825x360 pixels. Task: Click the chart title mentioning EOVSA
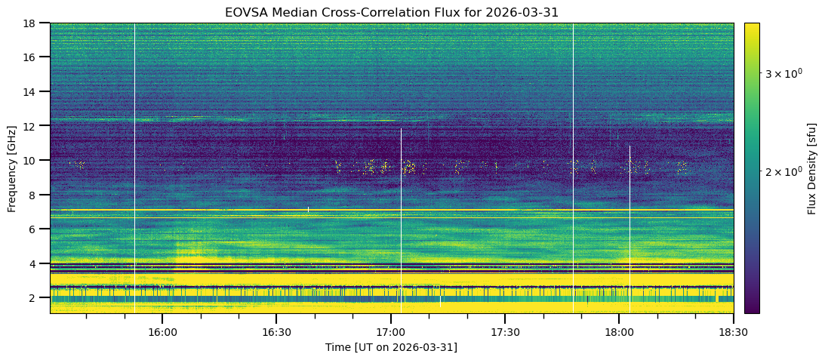pos(391,12)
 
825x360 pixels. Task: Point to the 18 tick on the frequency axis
pos(34,23)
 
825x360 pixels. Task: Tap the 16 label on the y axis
pos(34,57)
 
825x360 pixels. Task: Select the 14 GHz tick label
pos(34,91)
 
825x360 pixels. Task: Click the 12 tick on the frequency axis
pos(34,125)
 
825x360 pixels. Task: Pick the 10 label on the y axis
pos(34,160)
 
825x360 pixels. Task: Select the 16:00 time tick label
pos(162,331)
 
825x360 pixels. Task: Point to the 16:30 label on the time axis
pos(276,331)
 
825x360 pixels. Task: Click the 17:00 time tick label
pos(391,331)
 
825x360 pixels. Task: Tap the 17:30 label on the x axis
pos(505,331)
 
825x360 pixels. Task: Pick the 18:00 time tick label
pos(619,331)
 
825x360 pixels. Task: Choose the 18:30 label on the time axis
pos(733,331)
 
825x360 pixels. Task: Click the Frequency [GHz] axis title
pos(12,168)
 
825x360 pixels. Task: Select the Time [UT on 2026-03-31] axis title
pos(391,347)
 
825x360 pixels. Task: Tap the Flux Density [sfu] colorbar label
pos(812,168)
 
